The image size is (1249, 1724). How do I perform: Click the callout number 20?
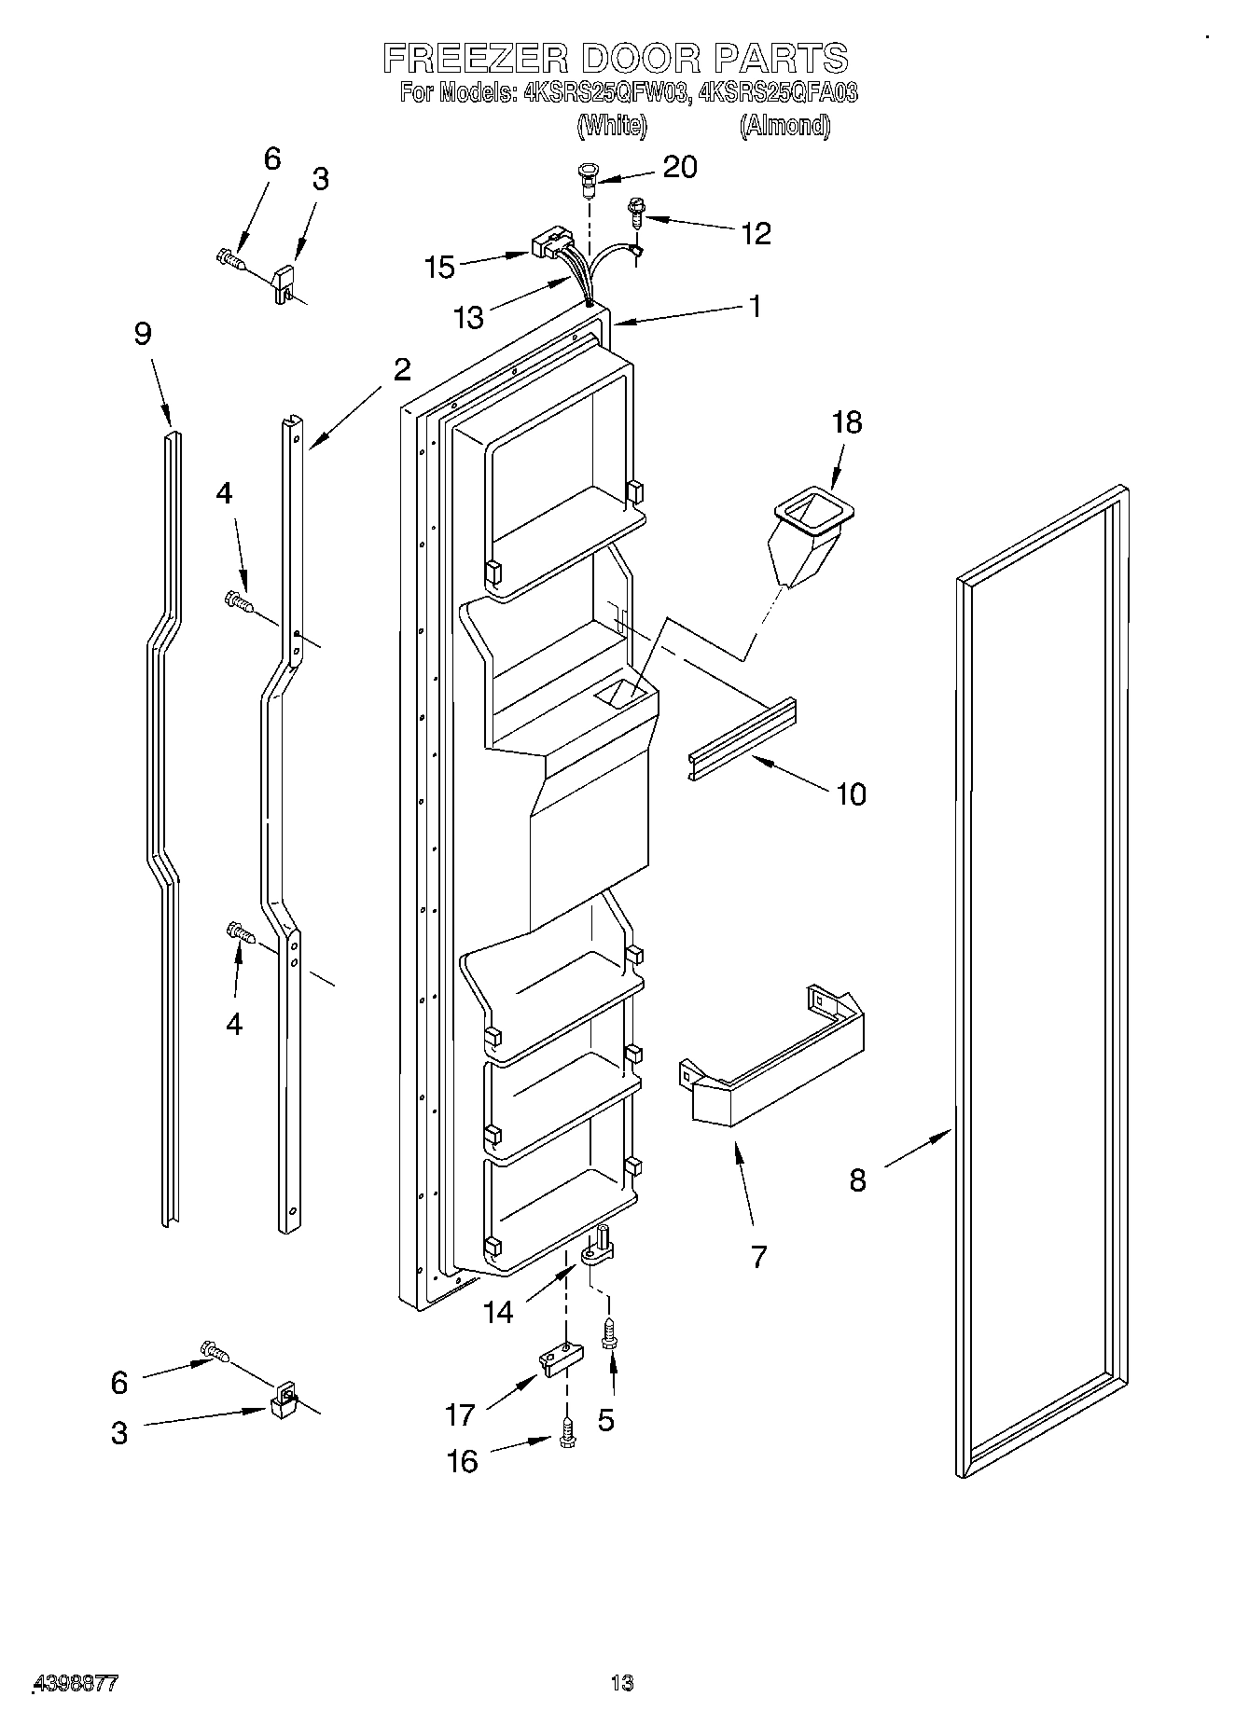[679, 167]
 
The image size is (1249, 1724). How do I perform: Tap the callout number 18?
[846, 422]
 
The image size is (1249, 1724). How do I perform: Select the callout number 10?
[851, 794]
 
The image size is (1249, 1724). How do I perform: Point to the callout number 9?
[143, 334]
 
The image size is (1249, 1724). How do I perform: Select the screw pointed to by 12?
[637, 214]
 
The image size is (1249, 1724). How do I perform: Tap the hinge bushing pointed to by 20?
[588, 178]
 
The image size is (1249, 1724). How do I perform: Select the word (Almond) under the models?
[784, 125]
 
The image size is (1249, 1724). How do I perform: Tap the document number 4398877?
[75, 1684]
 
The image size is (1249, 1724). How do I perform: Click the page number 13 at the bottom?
[622, 1684]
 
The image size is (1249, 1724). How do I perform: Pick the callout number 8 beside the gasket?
[858, 1180]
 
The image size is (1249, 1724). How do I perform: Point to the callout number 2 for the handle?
[401, 370]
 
